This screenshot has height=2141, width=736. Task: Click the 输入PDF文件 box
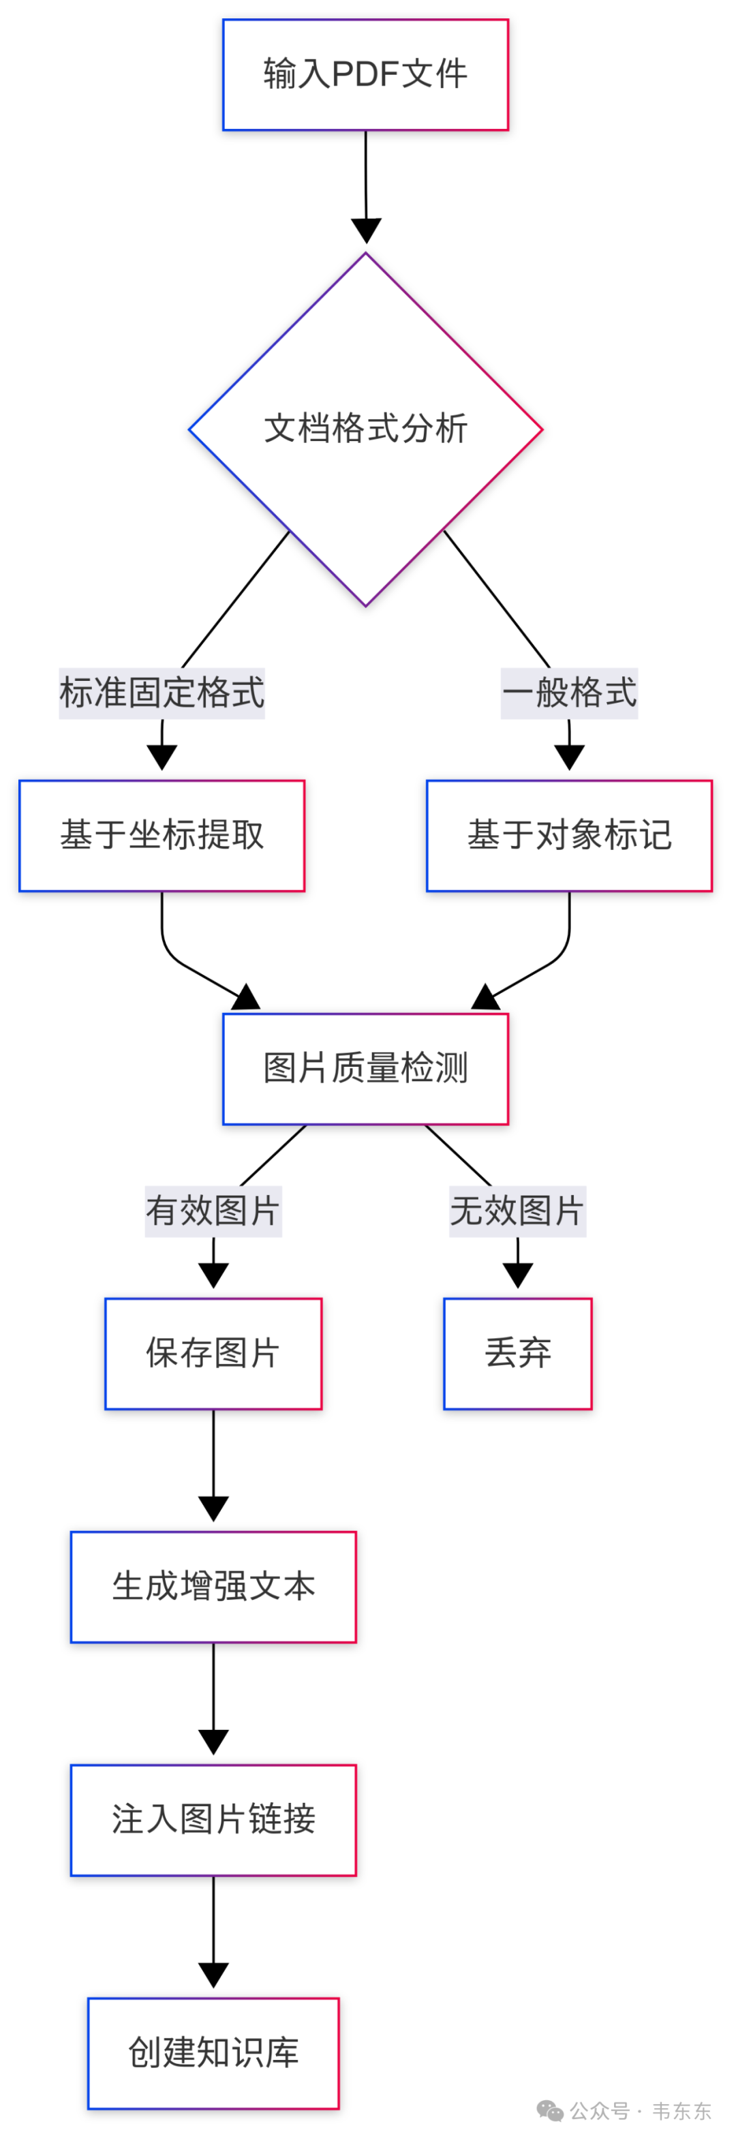click(x=365, y=75)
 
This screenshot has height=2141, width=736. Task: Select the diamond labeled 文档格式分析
click(x=365, y=429)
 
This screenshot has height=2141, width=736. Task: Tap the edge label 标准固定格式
click(x=162, y=693)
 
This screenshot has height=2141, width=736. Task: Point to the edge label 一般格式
click(x=569, y=693)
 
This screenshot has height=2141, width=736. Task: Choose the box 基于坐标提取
click(x=162, y=835)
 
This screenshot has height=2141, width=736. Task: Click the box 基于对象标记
click(x=569, y=835)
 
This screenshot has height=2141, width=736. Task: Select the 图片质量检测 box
click(x=365, y=1068)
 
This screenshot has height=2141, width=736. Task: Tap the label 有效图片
click(x=213, y=1211)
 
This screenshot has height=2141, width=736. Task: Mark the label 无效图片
click(x=517, y=1211)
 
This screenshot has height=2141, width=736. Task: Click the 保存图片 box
click(x=213, y=1353)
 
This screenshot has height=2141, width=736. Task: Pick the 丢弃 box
click(x=517, y=1353)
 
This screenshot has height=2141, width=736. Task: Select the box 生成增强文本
click(x=213, y=1587)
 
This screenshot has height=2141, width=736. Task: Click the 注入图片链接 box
click(x=213, y=1819)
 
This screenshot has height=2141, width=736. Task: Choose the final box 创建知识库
click(x=213, y=2053)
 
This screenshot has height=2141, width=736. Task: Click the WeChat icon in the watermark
click(x=550, y=2110)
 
